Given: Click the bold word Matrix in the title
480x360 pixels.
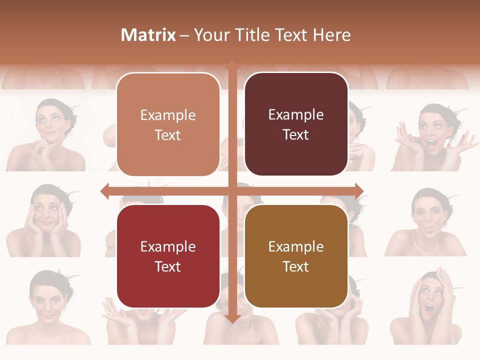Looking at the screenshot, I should (x=148, y=35).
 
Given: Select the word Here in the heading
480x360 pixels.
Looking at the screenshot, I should (x=332, y=35).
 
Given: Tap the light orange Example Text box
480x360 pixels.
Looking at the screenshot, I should (x=168, y=125).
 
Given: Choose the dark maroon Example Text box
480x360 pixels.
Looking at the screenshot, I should (x=296, y=124).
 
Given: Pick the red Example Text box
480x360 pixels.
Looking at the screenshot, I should (x=168, y=256).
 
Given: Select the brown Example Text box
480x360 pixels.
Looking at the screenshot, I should (x=296, y=256).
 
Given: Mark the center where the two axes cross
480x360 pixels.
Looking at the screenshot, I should (x=232, y=191).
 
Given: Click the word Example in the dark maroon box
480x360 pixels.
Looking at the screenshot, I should (x=296, y=115).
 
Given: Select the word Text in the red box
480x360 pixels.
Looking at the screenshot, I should (x=168, y=266).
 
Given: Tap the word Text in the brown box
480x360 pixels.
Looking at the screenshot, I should (x=296, y=266).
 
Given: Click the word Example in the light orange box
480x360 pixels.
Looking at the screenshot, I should (x=168, y=115).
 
